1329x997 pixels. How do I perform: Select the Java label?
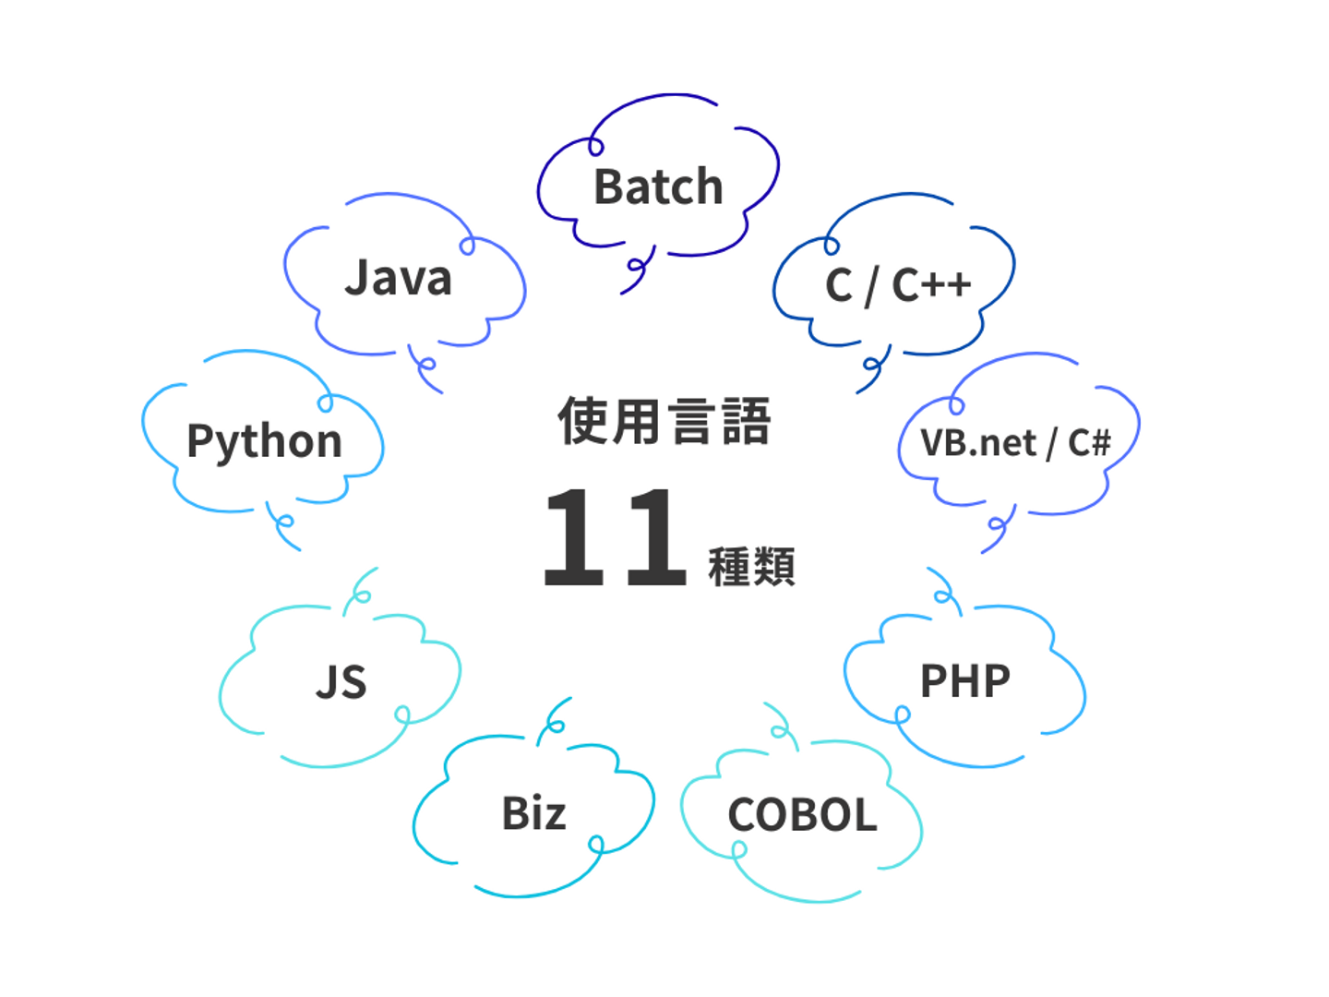click(399, 278)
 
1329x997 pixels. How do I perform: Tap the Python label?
click(265, 442)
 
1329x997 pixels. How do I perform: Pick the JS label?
click(341, 681)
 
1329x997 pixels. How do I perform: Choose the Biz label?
click(533, 812)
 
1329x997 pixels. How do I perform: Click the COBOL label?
click(802, 814)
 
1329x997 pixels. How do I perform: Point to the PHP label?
click(965, 681)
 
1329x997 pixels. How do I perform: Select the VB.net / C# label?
click(1015, 442)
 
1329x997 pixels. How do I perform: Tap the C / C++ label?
click(898, 285)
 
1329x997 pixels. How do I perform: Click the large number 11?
click(615, 537)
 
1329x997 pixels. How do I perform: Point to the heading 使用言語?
click(664, 421)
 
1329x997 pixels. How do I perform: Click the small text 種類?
click(751, 566)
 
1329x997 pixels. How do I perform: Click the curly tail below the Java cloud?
click(423, 367)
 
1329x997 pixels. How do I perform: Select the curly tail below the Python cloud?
click(281, 525)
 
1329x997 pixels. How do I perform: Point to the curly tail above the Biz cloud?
click(552, 720)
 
